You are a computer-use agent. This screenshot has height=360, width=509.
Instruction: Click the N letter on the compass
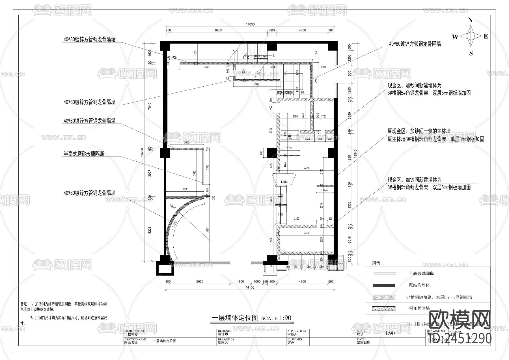tap(471, 20)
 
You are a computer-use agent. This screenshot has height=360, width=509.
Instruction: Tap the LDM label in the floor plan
tap(284, 182)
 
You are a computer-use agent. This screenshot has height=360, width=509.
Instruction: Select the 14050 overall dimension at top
tap(250, 24)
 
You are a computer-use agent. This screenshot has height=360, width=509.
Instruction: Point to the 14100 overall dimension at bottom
tap(250, 288)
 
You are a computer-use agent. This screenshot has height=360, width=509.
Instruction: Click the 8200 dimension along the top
tap(218, 30)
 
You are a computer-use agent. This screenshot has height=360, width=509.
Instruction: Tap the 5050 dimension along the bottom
tap(200, 282)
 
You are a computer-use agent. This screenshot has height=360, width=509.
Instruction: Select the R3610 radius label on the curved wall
tap(173, 207)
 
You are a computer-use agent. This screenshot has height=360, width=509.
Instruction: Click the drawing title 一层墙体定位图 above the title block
tap(235, 318)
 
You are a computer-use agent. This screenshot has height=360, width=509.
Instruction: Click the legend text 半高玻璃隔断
tap(421, 273)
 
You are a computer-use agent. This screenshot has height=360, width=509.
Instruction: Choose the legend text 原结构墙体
tap(419, 285)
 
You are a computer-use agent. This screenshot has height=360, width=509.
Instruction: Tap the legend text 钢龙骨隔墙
tap(419, 308)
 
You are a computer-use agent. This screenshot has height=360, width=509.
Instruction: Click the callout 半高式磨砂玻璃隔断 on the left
tap(84, 154)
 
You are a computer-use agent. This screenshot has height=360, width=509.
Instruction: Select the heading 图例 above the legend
tap(376, 263)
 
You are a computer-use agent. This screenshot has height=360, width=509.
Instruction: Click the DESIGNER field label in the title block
tap(225, 331)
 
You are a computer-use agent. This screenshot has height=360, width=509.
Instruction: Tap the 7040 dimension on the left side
tap(150, 106)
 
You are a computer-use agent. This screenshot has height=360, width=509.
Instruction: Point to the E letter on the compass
tap(486, 37)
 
